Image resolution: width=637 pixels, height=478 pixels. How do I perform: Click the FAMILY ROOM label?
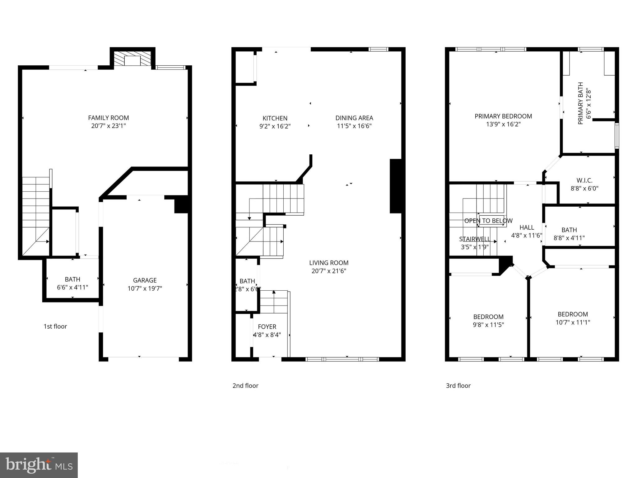108,118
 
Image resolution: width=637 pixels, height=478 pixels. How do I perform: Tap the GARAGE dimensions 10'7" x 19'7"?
145,288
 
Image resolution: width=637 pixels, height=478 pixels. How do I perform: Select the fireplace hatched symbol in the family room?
133,59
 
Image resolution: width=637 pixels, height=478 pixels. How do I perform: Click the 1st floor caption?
55,326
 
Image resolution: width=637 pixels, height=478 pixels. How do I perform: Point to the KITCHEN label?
275,118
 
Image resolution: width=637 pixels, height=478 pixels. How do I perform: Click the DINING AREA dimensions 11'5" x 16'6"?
354,126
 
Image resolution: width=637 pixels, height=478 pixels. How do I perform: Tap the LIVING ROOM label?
329,263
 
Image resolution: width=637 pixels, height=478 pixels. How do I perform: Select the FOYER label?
267,327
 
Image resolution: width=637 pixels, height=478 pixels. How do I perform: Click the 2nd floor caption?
245,386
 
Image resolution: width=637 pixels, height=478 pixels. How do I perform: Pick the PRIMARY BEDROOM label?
503,116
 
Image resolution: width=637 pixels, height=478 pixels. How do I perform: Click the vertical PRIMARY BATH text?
580,104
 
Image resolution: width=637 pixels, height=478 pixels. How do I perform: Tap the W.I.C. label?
584,180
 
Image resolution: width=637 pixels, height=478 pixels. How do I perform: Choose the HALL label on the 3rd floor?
527,227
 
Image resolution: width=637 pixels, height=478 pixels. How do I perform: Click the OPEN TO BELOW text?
488,221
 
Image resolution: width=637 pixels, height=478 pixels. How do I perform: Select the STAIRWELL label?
475,239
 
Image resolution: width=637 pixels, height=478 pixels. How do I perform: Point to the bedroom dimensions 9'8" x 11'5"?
488,325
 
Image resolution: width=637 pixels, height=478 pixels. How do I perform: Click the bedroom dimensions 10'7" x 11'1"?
573,322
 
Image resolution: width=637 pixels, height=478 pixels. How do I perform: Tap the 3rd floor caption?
458,386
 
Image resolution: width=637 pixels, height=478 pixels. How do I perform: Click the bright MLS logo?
39,465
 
